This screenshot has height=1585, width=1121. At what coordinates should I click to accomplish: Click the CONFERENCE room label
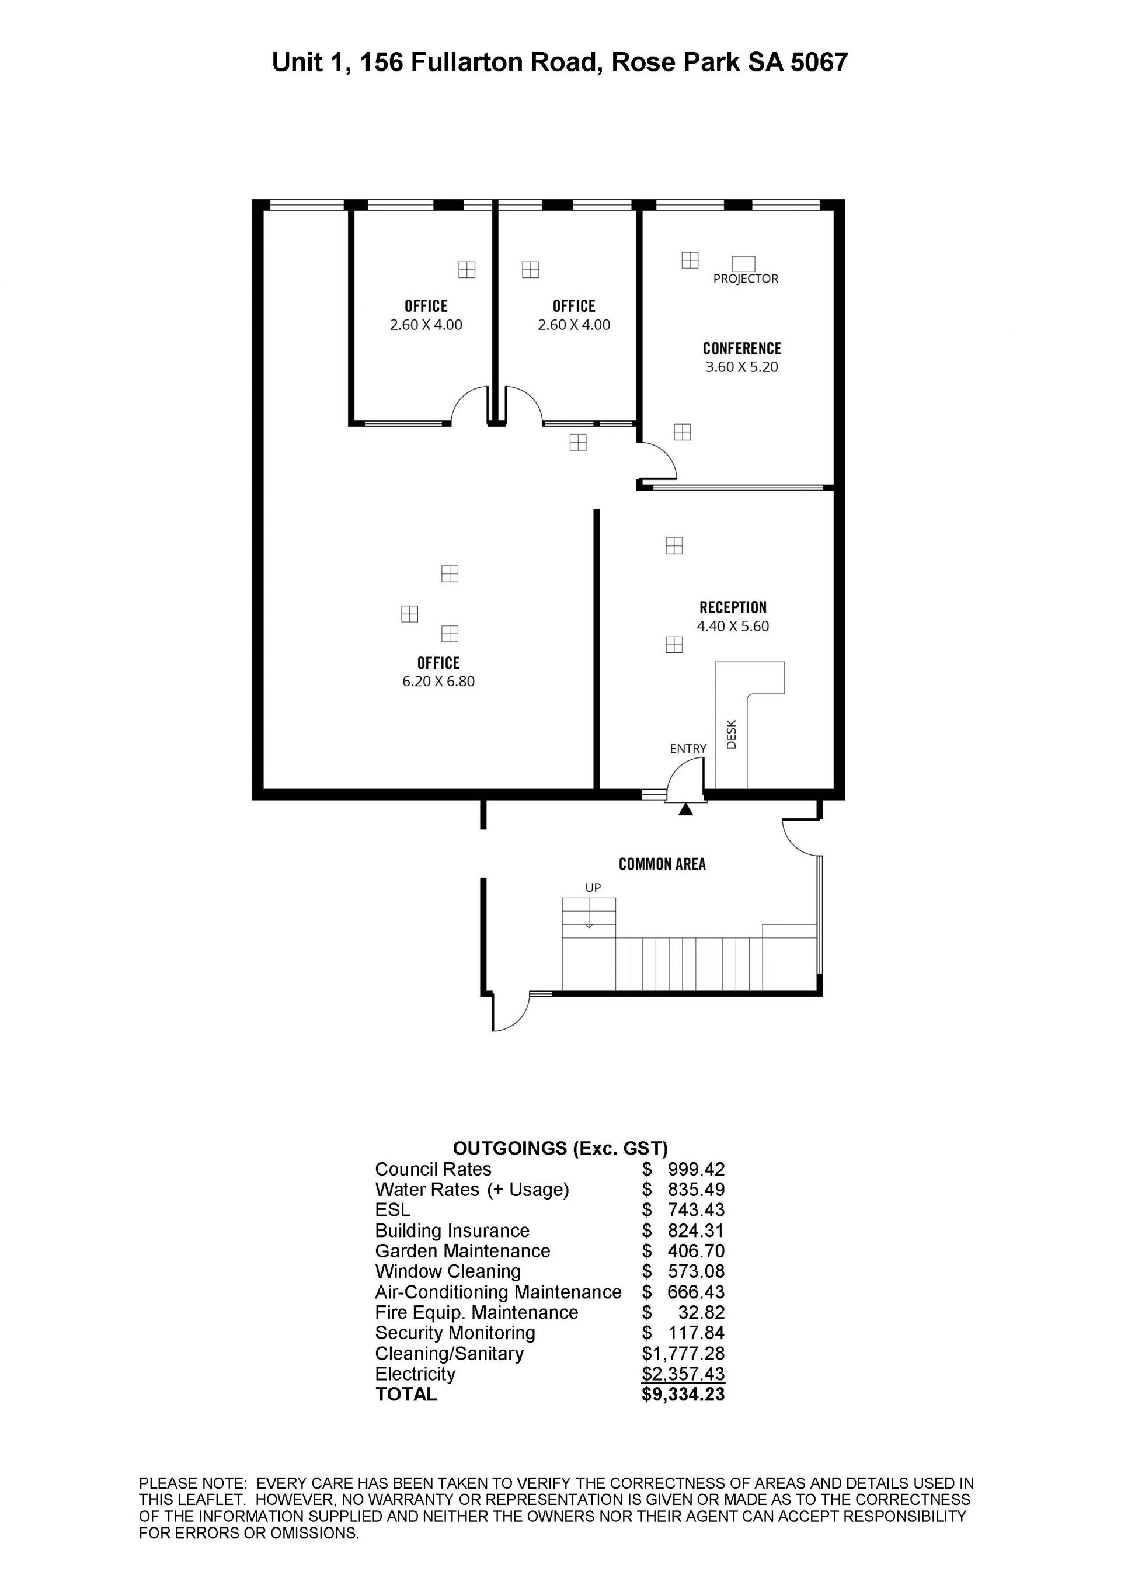[x=742, y=349]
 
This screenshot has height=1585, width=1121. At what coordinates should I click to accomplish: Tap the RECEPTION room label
[x=733, y=607]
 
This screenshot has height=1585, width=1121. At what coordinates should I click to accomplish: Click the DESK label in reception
[x=732, y=735]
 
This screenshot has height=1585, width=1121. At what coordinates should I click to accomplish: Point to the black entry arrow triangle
[x=685, y=809]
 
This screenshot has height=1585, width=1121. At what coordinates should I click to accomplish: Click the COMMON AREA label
[x=662, y=864]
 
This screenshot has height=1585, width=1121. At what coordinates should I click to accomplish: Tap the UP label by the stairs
[x=593, y=888]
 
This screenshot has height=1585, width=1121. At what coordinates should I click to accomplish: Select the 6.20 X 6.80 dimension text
[x=438, y=682]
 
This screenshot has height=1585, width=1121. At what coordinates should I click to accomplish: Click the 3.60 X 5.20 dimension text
[x=741, y=367]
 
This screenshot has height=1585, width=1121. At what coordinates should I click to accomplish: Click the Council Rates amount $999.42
[x=683, y=1169]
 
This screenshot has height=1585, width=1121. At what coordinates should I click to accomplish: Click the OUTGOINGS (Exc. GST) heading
[x=560, y=1149]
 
